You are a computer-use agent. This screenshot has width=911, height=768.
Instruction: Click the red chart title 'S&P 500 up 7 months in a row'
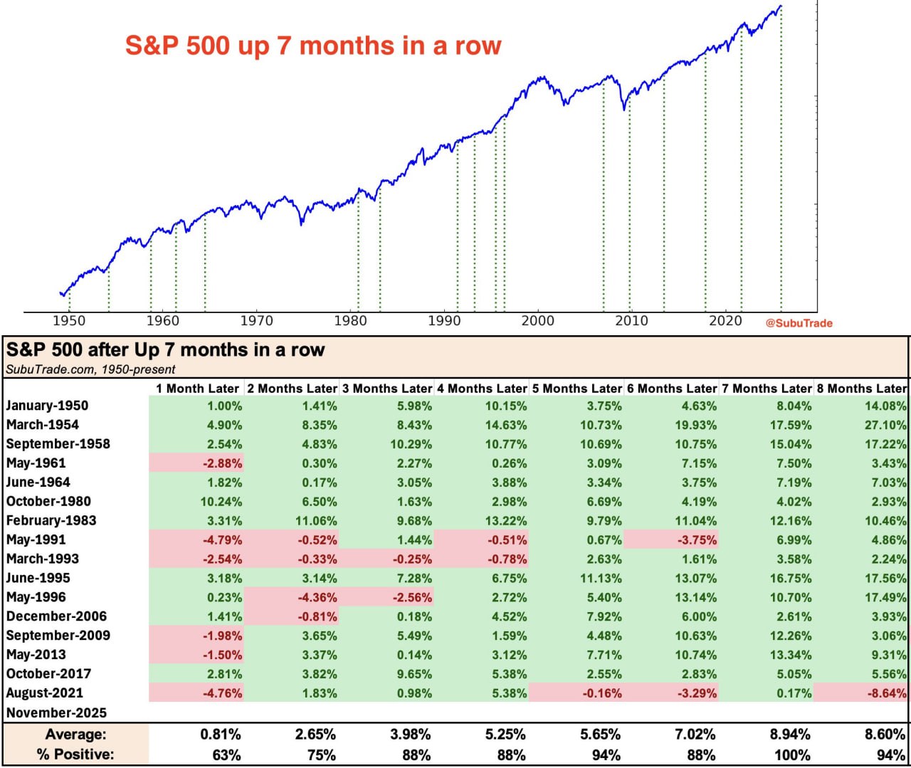(313, 46)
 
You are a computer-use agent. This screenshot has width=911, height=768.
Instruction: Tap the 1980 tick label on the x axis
(350, 321)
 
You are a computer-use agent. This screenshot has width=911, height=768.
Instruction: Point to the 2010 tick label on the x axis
(631, 321)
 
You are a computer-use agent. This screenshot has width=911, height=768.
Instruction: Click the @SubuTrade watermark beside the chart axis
(799, 323)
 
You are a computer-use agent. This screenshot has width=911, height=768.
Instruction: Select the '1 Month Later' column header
(197, 389)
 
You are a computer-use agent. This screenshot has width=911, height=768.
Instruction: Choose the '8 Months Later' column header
(861, 389)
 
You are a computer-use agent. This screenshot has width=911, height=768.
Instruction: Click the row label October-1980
(48, 501)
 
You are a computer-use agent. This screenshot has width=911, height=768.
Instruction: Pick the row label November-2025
(56, 712)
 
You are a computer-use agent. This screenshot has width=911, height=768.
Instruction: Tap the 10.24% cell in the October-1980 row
(221, 502)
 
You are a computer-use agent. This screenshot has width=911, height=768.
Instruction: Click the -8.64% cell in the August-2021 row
(885, 693)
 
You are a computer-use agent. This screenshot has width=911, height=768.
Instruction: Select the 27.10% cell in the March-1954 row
(885, 425)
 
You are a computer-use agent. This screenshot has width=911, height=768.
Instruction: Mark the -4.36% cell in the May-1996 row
(317, 598)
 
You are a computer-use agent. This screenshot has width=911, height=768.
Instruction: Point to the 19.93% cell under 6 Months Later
(695, 425)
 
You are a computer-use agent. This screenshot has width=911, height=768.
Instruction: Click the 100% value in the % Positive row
(791, 755)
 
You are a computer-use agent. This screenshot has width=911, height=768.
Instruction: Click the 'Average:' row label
(75, 735)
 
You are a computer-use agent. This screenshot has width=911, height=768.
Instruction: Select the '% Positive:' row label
(75, 754)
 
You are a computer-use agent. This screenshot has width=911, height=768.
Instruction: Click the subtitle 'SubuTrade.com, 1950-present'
(90, 369)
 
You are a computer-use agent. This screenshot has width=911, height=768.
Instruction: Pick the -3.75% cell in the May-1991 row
(695, 540)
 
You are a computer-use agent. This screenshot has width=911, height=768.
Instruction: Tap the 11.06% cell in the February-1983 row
(316, 521)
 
